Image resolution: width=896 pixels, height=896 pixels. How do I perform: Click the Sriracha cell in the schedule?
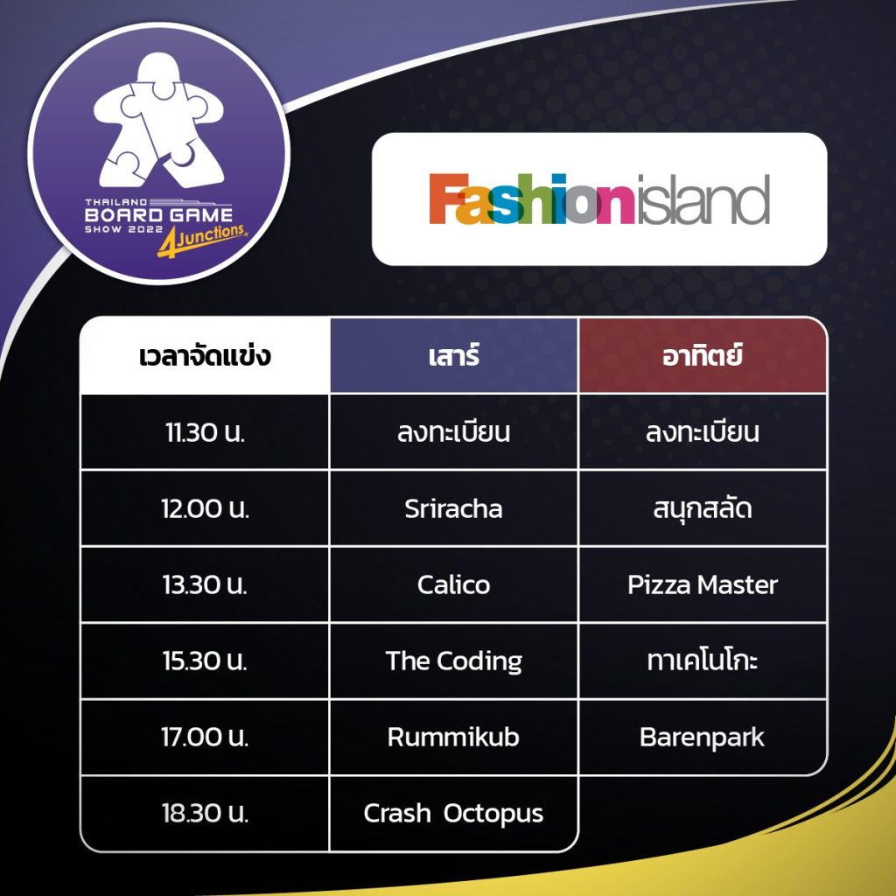(453, 508)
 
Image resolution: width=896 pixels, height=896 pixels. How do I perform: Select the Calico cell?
(453, 584)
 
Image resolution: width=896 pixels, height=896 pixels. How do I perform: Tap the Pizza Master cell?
(703, 584)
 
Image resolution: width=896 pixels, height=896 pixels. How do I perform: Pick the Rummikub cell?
(453, 737)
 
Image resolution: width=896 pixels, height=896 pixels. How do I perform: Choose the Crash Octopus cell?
(453, 813)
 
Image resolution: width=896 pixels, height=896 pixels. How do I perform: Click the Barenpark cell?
(703, 737)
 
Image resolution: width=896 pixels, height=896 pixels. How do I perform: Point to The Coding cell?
(453, 661)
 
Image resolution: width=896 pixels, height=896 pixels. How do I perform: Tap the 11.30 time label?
(205, 432)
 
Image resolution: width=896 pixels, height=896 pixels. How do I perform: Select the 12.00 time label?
(205, 508)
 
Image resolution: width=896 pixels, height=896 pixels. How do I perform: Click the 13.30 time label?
(205, 584)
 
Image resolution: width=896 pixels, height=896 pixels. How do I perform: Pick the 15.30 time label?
(205, 661)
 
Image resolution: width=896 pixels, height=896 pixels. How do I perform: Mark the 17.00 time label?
(205, 737)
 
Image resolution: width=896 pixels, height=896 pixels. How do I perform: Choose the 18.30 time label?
(205, 813)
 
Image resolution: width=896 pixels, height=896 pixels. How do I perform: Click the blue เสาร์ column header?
(454, 355)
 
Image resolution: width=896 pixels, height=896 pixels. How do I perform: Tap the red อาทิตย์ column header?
(703, 355)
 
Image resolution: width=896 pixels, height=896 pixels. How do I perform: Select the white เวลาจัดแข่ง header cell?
(205, 355)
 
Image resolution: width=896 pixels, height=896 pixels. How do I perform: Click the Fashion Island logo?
(599, 199)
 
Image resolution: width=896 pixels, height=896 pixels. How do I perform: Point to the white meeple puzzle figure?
(158, 120)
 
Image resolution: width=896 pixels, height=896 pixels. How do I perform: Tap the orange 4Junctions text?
(202, 240)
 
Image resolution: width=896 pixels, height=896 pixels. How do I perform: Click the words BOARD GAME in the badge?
(159, 215)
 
